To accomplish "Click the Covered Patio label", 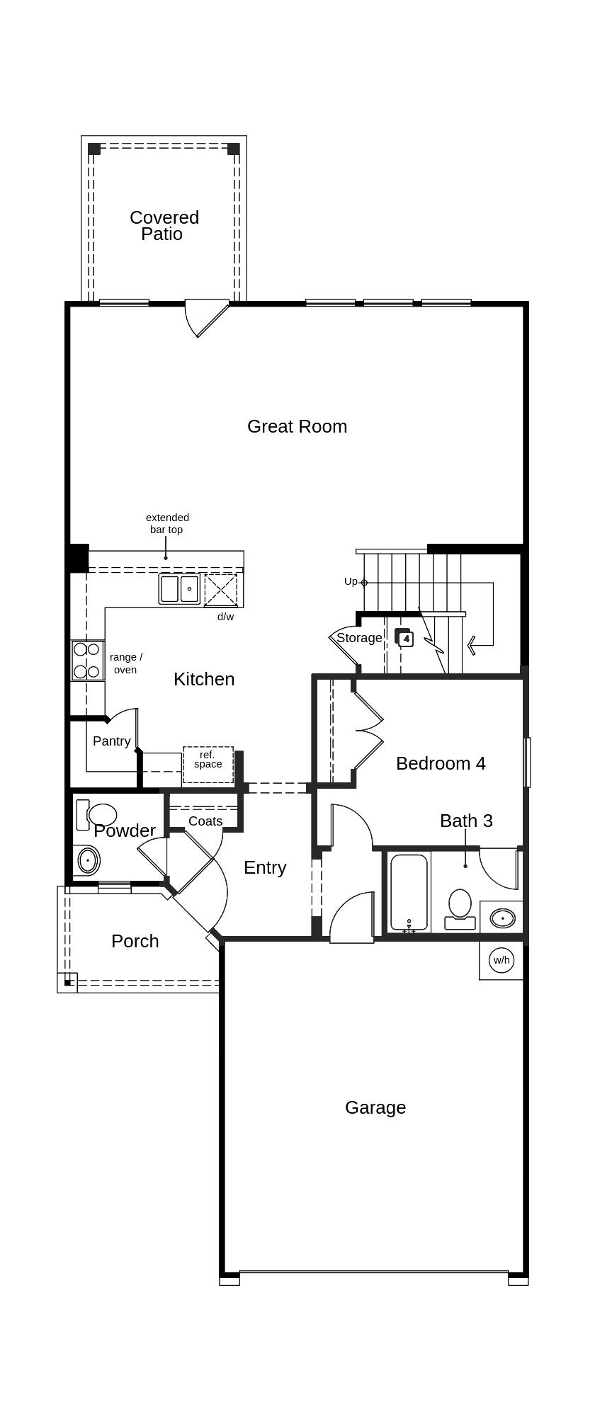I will pyautogui.click(x=164, y=225).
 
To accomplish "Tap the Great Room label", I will pyautogui.click(x=297, y=426).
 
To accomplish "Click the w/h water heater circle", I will pyautogui.click(x=501, y=960).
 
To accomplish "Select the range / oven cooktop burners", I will pyautogui.click(x=86, y=660).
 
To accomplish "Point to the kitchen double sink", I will pyautogui.click(x=179, y=589).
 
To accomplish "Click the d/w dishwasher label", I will pyautogui.click(x=225, y=617).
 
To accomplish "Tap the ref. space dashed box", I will pyautogui.click(x=208, y=765).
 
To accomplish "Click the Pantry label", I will pyautogui.click(x=111, y=741).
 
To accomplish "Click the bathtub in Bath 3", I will pyautogui.click(x=409, y=892).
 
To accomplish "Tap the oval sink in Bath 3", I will pyautogui.click(x=502, y=918).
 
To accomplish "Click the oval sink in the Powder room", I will pyautogui.click(x=87, y=860).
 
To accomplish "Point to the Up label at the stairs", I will pyautogui.click(x=351, y=581).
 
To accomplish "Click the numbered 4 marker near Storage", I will pyautogui.click(x=405, y=639).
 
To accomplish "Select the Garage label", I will pyautogui.click(x=375, y=1107).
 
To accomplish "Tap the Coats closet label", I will pyautogui.click(x=205, y=821).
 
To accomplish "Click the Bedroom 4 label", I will pyautogui.click(x=441, y=763).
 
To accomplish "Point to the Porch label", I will pyautogui.click(x=135, y=941).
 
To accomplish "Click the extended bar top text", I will pyautogui.click(x=167, y=523).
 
